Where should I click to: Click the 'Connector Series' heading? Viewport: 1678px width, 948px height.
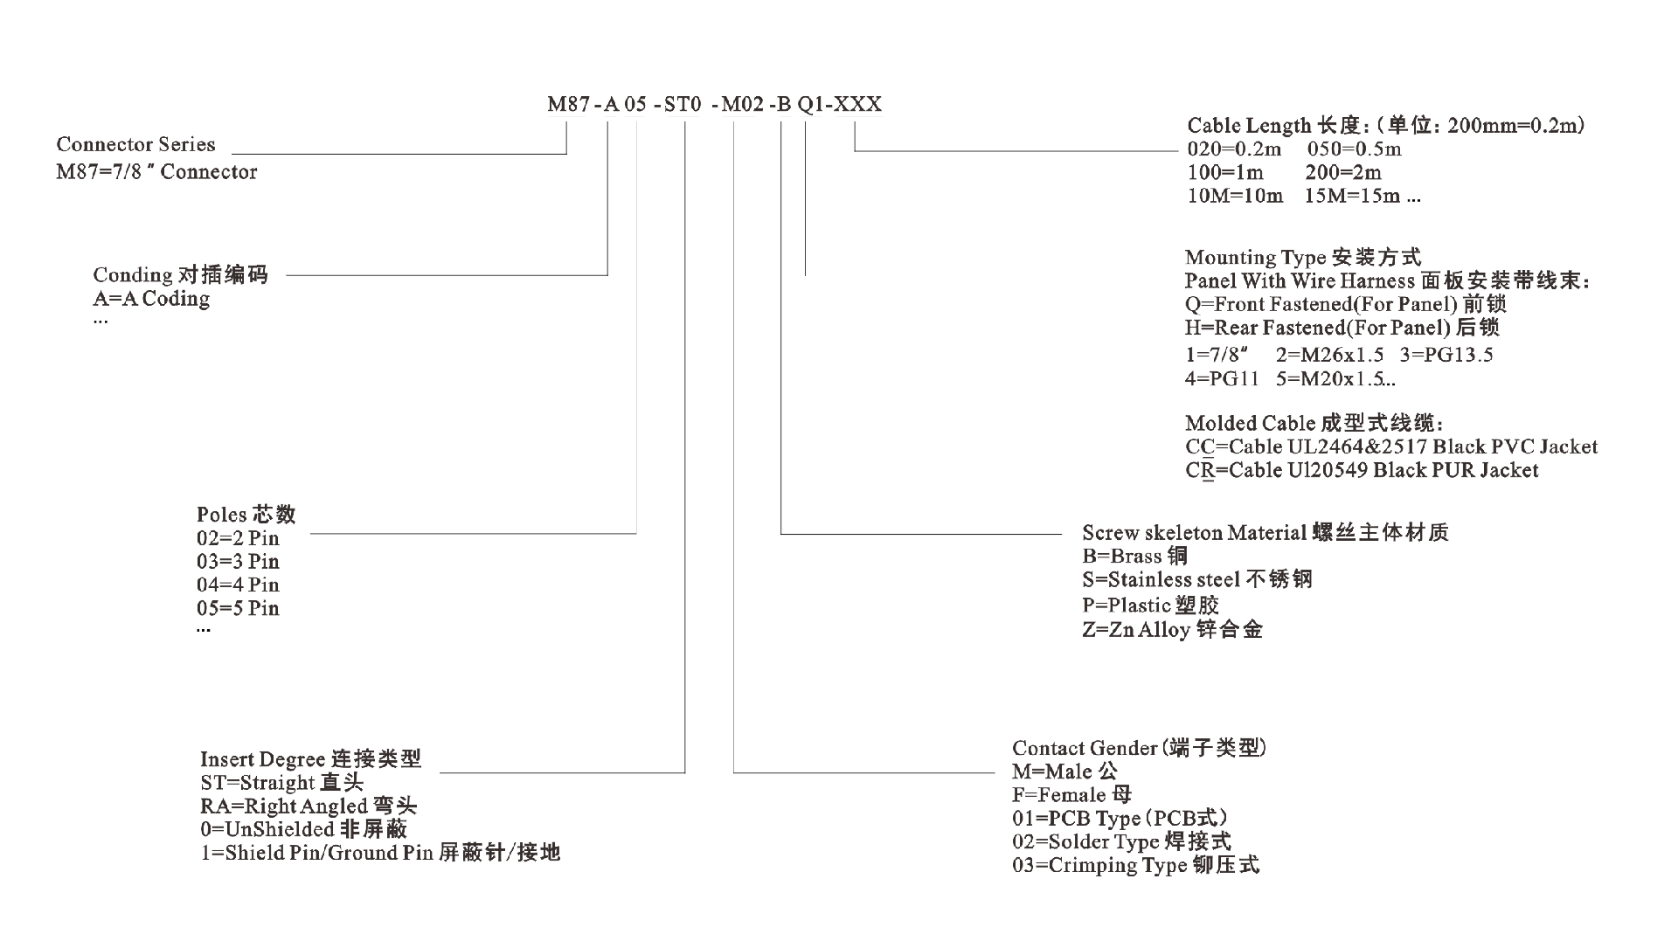point(135,144)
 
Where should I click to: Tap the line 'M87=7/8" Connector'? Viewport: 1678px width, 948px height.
point(156,171)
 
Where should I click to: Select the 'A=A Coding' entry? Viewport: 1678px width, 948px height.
point(151,299)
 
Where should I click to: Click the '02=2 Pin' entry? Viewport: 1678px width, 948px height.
point(238,538)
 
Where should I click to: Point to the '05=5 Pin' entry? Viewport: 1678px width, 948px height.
point(238,608)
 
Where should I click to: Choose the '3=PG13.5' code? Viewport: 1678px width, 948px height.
point(1446,355)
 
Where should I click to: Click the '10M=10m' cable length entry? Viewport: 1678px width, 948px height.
point(1235,196)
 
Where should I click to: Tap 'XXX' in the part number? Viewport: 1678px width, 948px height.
point(857,104)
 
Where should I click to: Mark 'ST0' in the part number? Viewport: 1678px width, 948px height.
point(683,104)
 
